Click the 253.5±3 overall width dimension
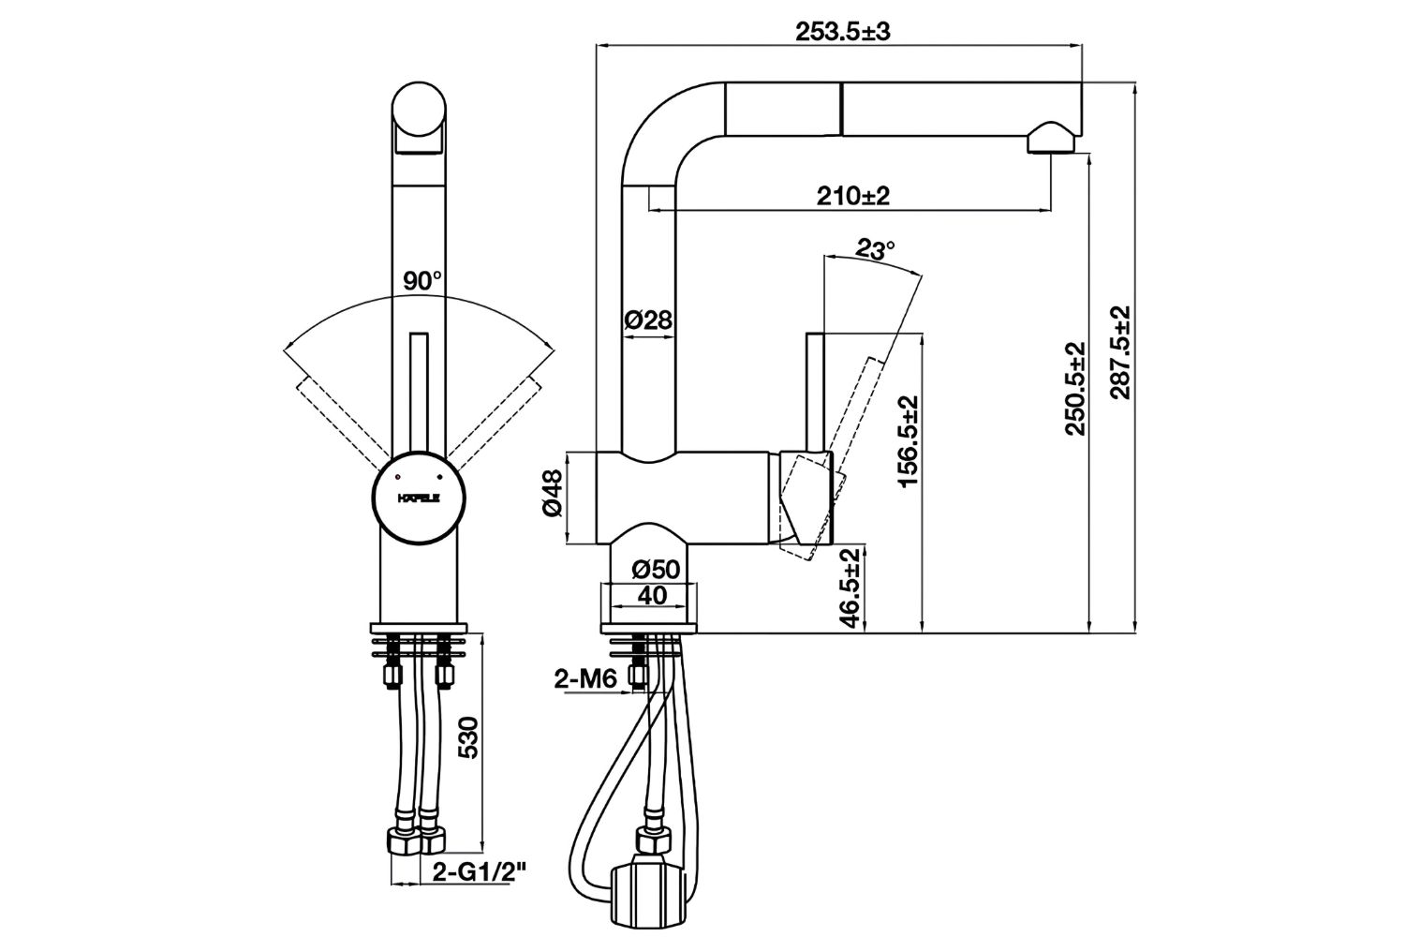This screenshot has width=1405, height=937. coord(842,31)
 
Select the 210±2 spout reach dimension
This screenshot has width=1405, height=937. coord(851,196)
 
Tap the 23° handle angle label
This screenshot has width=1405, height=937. coord(876,250)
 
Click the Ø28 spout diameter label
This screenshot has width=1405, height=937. coord(647,320)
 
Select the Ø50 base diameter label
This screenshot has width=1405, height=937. coord(655,570)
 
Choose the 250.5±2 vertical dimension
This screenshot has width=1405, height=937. coord(1074,388)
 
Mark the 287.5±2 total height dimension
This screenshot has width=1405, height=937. coord(1119,352)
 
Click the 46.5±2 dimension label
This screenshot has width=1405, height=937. coord(850,588)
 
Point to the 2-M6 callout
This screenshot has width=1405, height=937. coord(584,680)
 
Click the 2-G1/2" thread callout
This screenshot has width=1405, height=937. coord(480,871)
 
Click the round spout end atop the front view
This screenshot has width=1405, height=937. coord(419,111)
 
